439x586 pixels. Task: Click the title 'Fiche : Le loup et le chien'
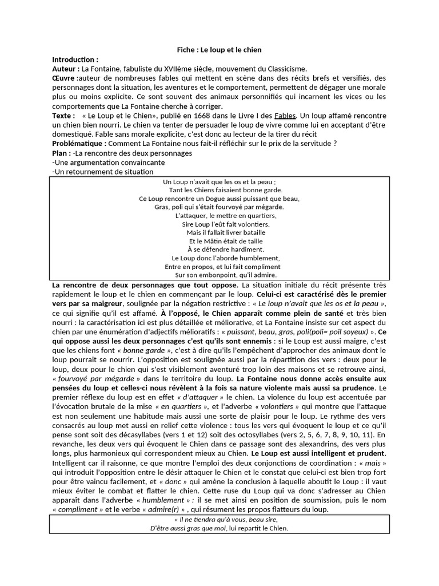(219, 50)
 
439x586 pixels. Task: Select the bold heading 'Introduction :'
(75, 60)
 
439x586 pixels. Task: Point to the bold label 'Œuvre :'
(64, 78)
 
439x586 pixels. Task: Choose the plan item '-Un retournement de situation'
(102, 172)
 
